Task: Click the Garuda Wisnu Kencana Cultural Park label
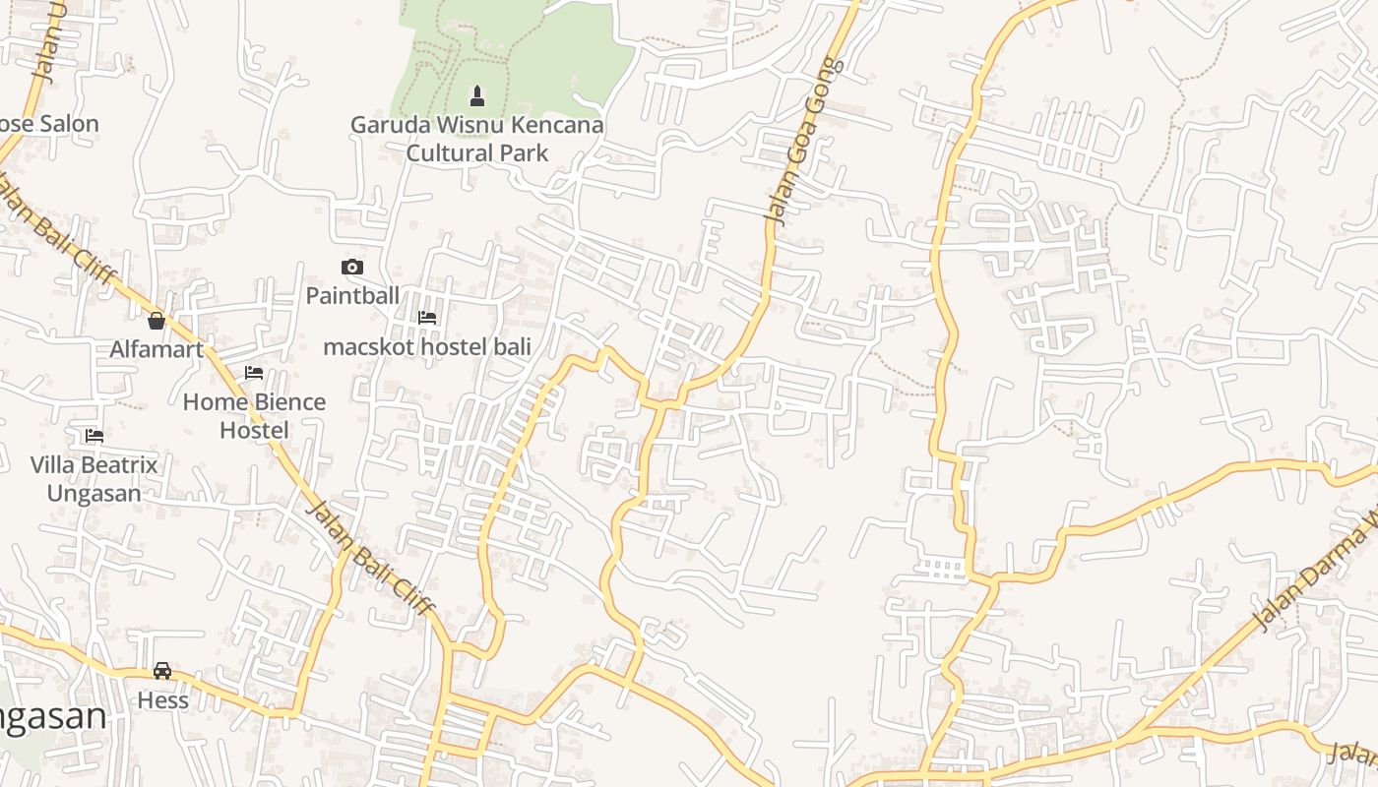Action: pos(477,139)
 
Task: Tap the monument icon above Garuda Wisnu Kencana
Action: pos(477,96)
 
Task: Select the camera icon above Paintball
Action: pos(351,267)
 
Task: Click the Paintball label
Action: pos(352,295)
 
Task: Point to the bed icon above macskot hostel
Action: pos(427,318)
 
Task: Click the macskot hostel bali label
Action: pos(427,346)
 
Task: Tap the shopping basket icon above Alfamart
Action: pos(157,321)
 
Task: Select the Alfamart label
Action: pos(157,349)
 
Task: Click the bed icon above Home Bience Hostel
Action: pos(254,373)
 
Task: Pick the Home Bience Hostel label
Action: pos(254,416)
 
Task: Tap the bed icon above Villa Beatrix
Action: pos(94,435)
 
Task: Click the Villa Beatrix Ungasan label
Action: pos(94,478)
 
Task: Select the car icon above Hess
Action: pos(162,671)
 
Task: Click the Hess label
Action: pos(162,700)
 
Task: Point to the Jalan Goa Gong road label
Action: pos(804,141)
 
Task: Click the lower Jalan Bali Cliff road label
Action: pos(369,558)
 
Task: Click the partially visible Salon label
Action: pos(49,124)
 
